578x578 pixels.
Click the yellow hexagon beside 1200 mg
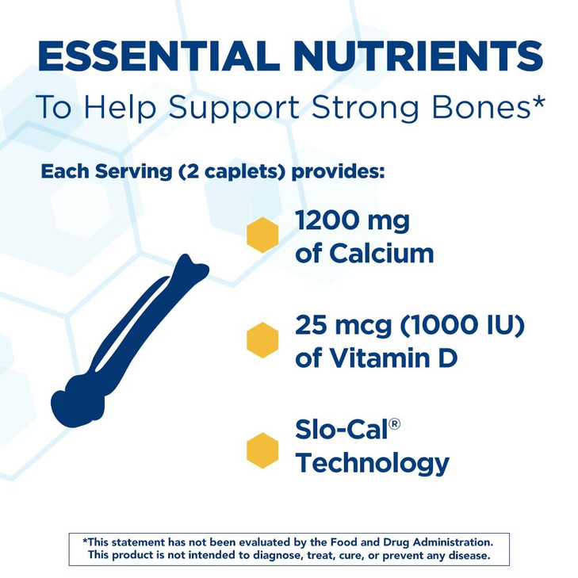point(262,235)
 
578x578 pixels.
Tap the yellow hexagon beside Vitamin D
point(262,339)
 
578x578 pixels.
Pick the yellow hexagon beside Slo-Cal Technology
point(262,450)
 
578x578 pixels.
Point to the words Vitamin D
point(376,358)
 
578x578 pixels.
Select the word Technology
point(372,462)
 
